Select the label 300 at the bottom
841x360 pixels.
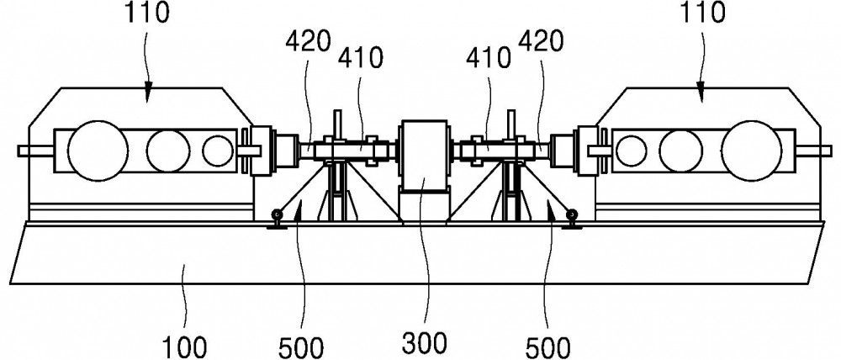(425, 342)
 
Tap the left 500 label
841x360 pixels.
(302, 348)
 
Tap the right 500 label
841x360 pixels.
(547, 348)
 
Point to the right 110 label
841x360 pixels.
(701, 13)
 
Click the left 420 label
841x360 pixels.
(308, 42)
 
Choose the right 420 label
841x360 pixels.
(541, 42)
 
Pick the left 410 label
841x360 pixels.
(360, 59)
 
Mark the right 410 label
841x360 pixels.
(489, 59)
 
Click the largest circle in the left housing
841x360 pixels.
(98, 151)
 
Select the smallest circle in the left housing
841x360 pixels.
(218, 151)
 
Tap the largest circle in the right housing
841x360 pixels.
(751, 151)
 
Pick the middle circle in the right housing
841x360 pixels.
(680, 151)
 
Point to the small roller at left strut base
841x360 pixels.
(276, 215)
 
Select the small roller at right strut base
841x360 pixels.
(572, 215)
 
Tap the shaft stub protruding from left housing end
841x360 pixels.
(35, 151)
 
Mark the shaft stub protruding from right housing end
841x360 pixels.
(807, 151)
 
